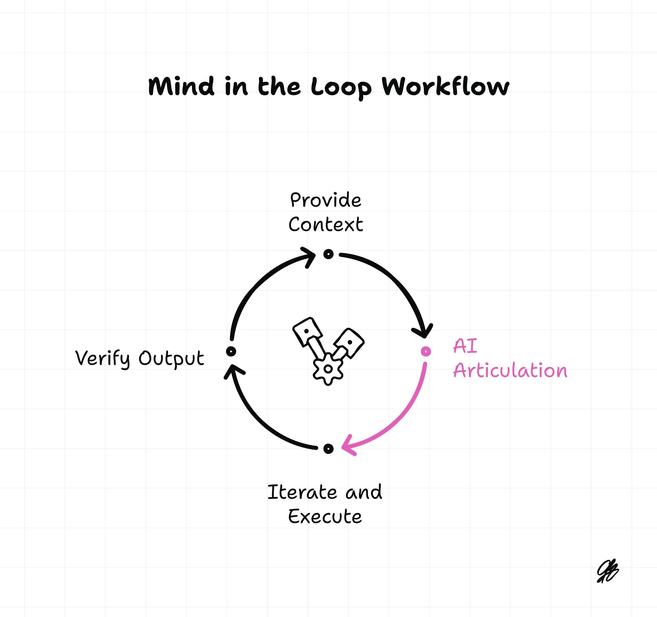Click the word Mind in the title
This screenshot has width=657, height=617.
tap(181, 86)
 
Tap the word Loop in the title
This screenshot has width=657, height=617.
tap(341, 88)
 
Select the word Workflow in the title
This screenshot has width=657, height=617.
tap(445, 86)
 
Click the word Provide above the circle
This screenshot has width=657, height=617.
tap(325, 200)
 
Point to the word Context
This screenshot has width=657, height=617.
tap(326, 225)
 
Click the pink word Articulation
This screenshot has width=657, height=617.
tap(510, 370)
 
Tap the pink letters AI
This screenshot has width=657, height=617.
tap(465, 346)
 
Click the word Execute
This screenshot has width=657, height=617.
tap(325, 517)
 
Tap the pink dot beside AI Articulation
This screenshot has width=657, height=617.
tap(426, 351)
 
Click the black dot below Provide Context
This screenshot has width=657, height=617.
tap(328, 254)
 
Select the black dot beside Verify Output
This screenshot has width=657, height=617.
tap(231, 351)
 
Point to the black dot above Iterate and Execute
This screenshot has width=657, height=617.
tap(328, 448)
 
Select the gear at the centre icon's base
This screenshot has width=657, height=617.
tap(328, 369)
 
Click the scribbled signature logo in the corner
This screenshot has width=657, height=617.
tap(607, 571)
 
